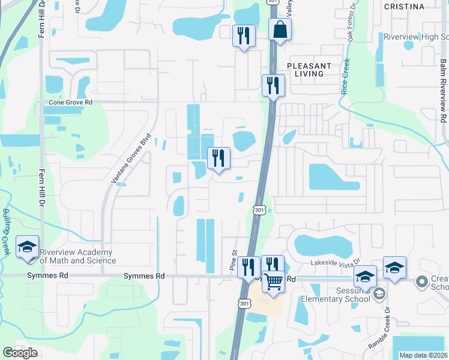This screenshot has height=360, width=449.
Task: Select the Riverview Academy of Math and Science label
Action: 77,256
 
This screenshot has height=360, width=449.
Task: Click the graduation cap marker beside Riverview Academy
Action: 27,248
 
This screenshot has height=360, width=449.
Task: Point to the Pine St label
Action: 234,261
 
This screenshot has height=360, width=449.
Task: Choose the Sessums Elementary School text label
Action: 341,293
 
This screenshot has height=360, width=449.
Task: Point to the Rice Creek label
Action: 345,77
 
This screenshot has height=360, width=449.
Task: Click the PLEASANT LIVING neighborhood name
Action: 309,70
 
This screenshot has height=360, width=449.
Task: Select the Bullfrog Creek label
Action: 6,232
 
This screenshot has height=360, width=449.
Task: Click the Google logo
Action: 20,353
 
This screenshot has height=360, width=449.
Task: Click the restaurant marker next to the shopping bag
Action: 244,36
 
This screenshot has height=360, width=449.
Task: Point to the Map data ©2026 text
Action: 423,355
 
